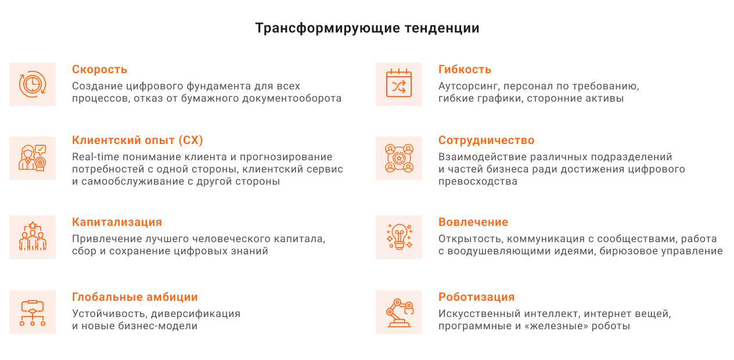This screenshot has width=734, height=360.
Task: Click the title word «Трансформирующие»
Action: [328, 28]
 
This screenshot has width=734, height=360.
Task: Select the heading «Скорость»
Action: [100, 70]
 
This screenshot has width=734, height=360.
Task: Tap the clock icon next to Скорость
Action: [33, 84]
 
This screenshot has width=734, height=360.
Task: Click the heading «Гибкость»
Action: [465, 70]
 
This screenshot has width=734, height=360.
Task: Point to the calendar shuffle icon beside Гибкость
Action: [399, 83]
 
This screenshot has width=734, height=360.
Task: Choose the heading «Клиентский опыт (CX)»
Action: [138, 140]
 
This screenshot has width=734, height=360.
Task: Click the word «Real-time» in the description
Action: [96, 157]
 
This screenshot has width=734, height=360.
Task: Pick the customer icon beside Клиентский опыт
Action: [33, 158]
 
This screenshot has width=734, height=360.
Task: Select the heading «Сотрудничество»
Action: [486, 140]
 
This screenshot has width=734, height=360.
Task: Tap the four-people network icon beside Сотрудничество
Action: [399, 158]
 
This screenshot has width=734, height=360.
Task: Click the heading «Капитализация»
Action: [117, 222]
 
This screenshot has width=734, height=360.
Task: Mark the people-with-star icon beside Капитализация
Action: [33, 236]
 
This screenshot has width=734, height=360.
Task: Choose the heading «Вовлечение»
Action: [473, 222]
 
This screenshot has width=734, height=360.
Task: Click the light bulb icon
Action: [399, 237]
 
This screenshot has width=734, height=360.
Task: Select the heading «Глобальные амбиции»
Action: [135, 297]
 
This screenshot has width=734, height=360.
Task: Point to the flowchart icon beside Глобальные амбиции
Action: [33, 313]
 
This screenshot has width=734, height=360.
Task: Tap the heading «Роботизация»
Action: [476, 297]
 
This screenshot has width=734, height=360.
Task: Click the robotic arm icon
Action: [400, 313]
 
